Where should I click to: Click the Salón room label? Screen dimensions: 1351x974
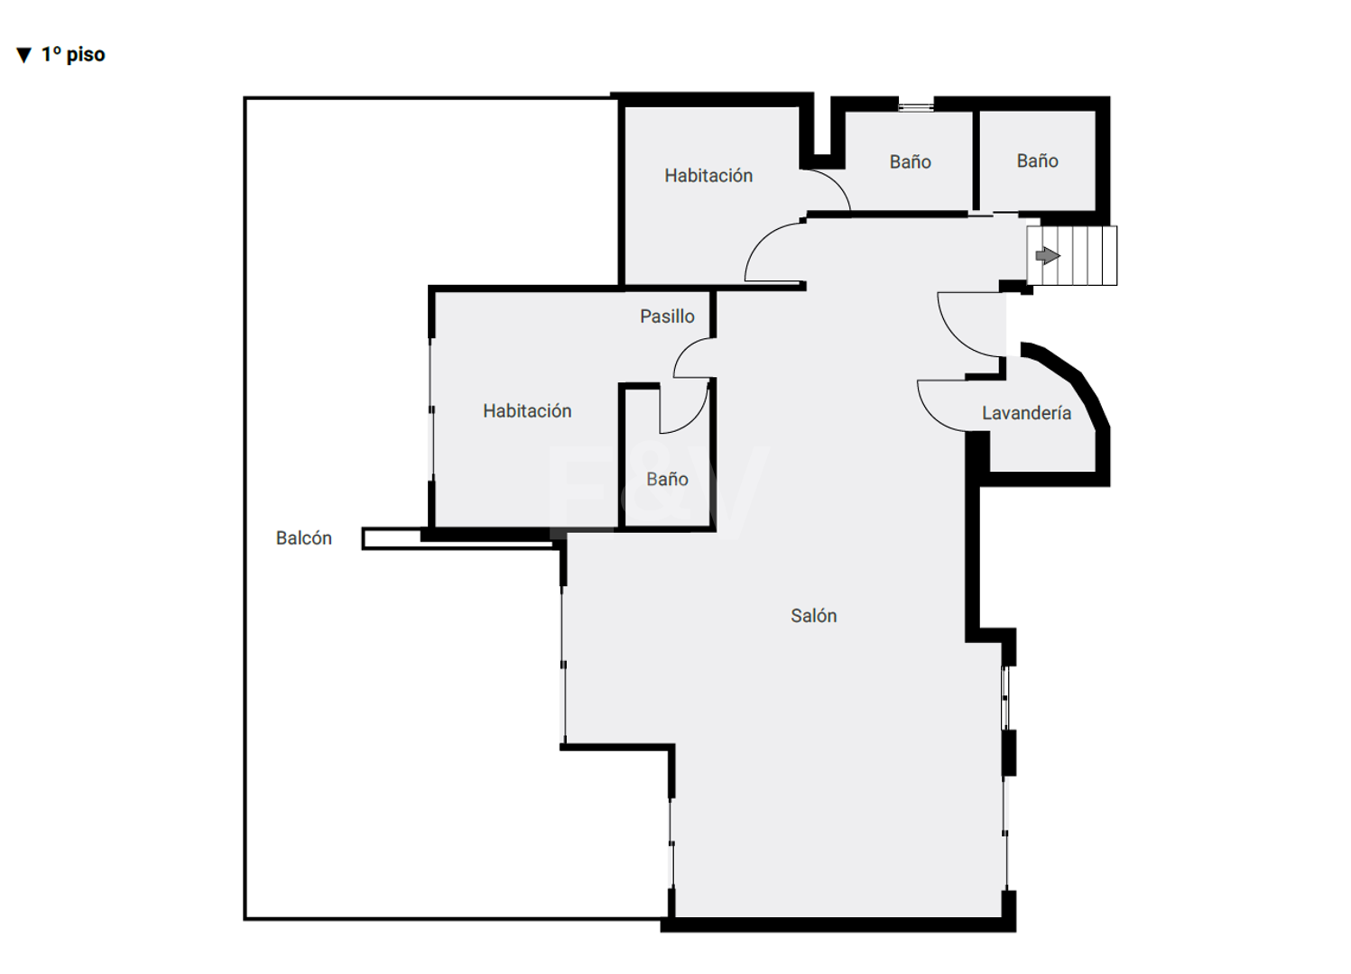(814, 615)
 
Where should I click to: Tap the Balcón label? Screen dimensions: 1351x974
(304, 538)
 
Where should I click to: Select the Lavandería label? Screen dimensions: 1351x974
(1026, 413)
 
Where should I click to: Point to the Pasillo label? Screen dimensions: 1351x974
(667, 316)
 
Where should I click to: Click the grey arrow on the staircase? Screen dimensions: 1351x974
(1048, 255)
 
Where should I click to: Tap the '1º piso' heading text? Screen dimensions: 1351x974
(73, 54)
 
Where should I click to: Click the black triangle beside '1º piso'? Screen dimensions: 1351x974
(23, 55)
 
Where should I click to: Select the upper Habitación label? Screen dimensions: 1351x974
(708, 175)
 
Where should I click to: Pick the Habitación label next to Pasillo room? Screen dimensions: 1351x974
(527, 410)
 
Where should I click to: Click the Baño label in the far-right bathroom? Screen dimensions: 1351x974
(1037, 161)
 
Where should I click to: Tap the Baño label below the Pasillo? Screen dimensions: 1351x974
(667, 479)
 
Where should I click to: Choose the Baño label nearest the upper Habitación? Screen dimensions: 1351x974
(910, 161)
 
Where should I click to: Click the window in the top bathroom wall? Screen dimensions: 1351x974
(915, 107)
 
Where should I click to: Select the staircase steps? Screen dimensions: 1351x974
(1072, 255)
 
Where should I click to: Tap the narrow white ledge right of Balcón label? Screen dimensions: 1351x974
(458, 538)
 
